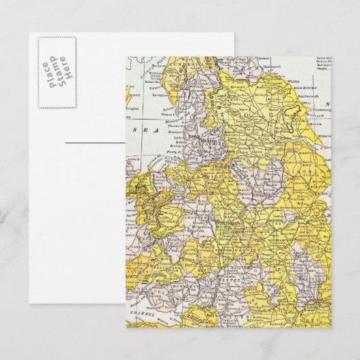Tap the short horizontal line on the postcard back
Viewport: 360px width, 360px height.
[90, 143]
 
